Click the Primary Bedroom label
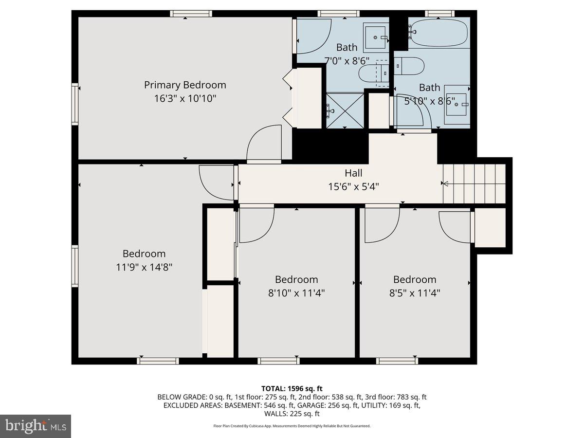coord(185,85)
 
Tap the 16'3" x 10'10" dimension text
coord(185,98)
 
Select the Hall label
coord(353,173)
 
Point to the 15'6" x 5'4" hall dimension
coord(353,186)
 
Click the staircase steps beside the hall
coord(474,183)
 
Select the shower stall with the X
coord(345,110)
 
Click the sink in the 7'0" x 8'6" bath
coord(376,37)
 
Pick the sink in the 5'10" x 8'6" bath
coord(456,104)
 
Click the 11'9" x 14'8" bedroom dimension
coord(144,267)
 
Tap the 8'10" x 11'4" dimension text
coord(296,293)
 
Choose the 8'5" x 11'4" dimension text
coord(415,293)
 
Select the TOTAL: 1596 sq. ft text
coord(292,388)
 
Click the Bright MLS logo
coord(36,426)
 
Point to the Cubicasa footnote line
coord(292,426)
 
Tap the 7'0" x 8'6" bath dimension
coord(347,61)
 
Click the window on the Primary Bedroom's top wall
coord(191,14)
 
